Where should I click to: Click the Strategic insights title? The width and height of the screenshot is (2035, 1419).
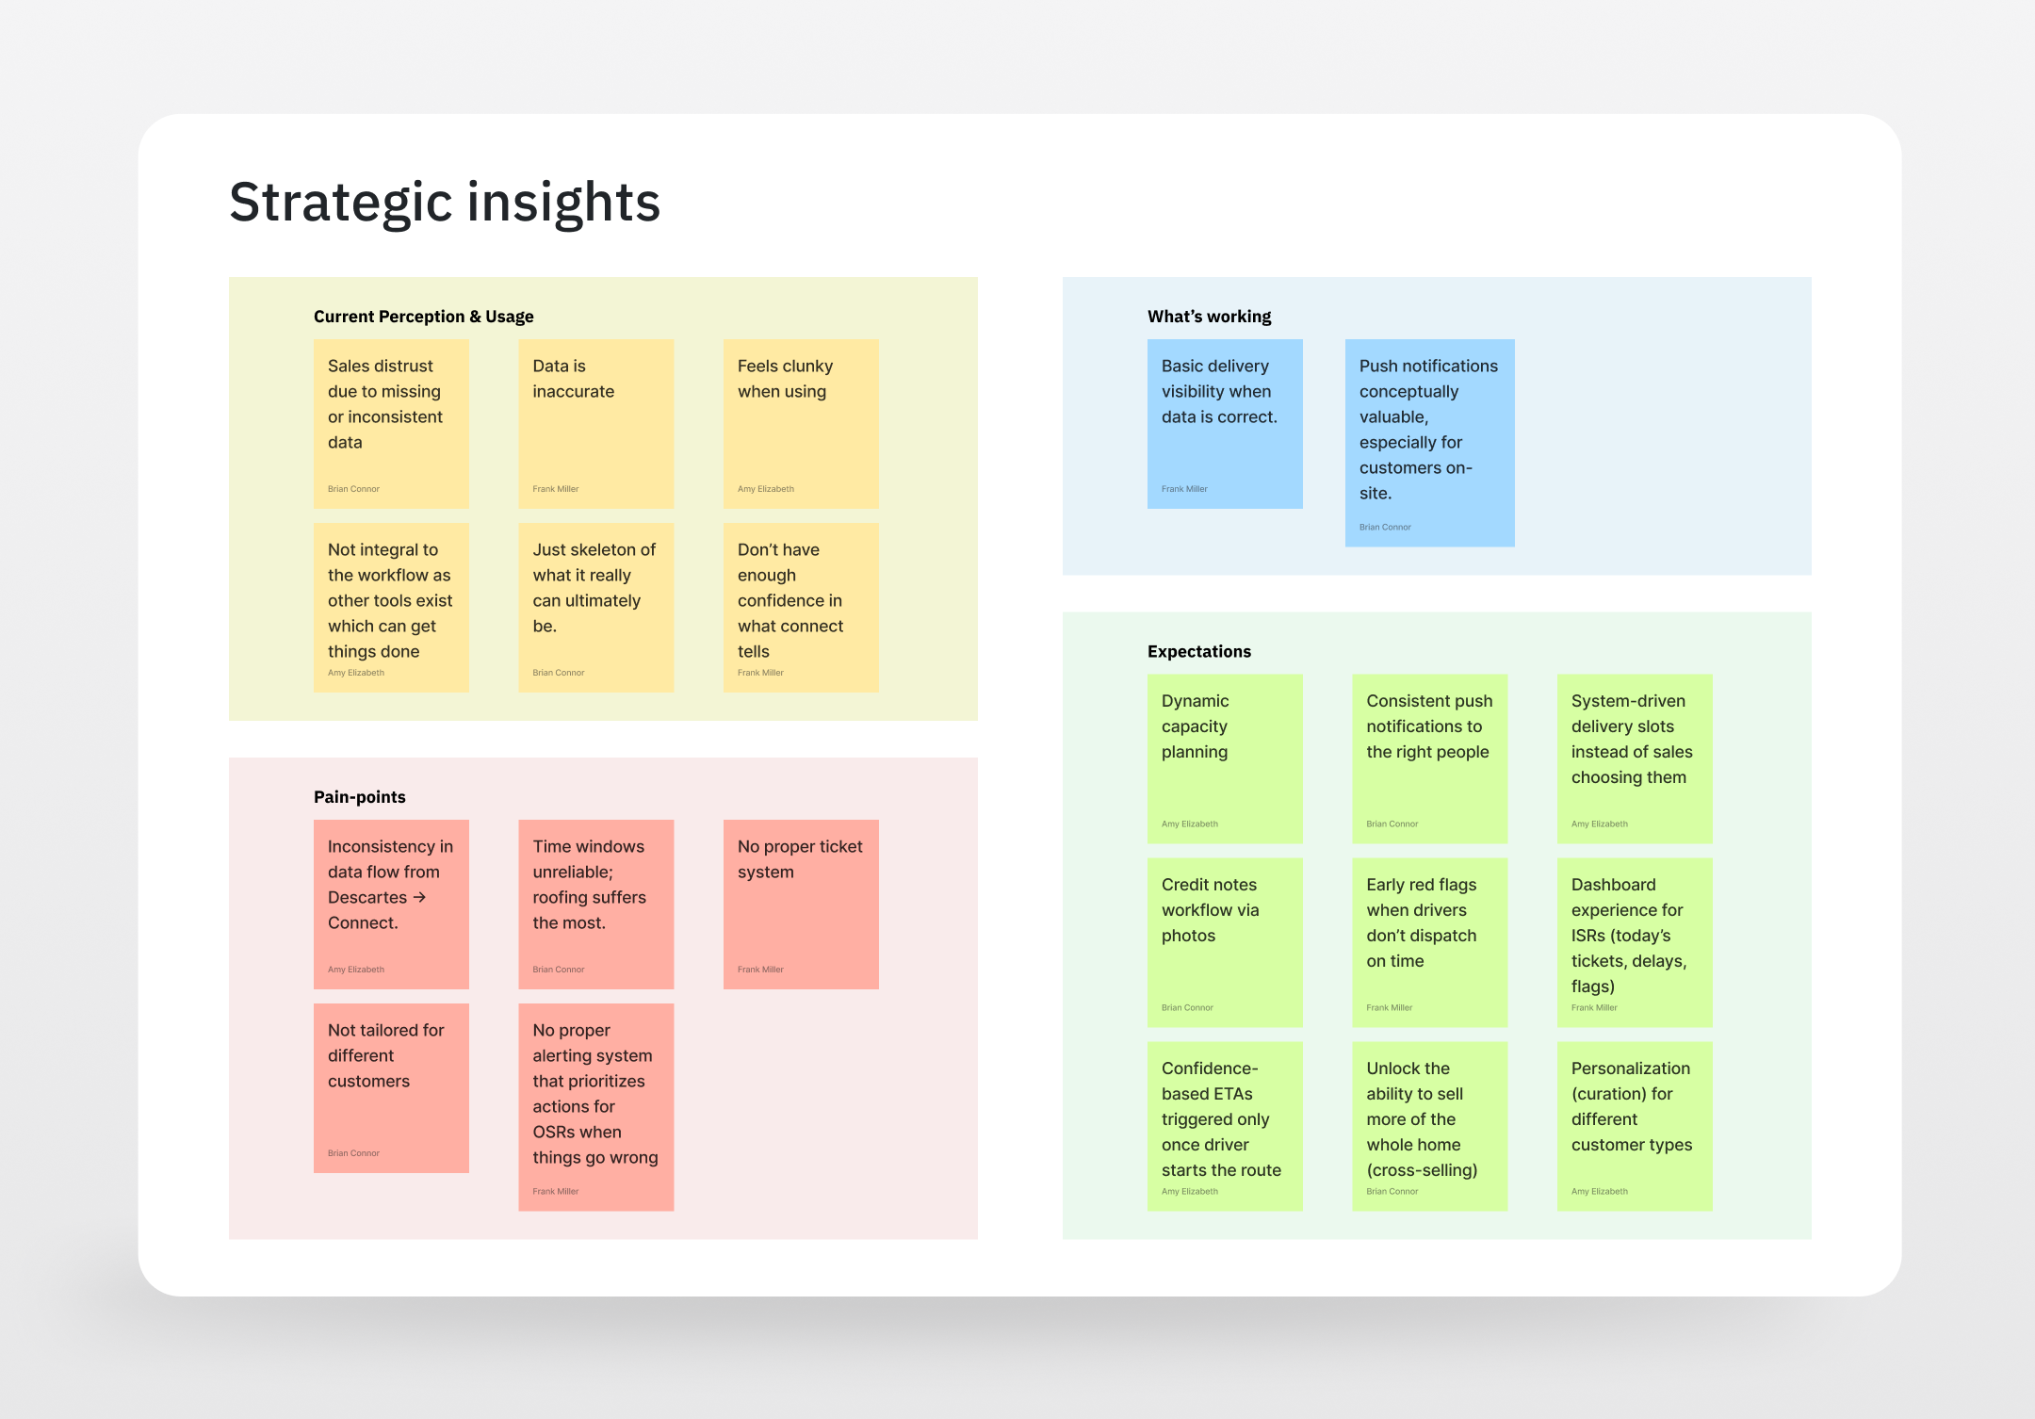click(445, 203)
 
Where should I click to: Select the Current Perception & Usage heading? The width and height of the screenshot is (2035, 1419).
click(423, 317)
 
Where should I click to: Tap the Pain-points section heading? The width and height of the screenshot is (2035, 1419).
click(359, 797)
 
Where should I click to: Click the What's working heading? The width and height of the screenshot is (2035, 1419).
click(1209, 317)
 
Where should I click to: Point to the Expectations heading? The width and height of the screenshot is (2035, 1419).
click(1198, 651)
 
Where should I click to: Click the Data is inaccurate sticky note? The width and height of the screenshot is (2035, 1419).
click(595, 423)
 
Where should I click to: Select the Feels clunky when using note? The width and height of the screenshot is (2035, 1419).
click(800, 423)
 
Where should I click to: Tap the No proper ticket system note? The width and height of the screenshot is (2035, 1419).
click(800, 904)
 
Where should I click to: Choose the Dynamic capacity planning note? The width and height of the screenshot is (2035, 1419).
click(1224, 758)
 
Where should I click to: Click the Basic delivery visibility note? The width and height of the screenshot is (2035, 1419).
click(1224, 423)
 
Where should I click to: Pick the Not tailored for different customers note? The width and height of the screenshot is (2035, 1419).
click(390, 1087)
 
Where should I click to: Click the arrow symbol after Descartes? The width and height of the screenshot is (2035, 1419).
click(419, 897)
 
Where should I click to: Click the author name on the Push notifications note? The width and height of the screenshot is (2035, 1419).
click(1385, 528)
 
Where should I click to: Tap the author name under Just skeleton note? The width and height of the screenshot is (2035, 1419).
click(558, 673)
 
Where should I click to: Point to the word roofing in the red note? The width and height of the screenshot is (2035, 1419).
click(563, 898)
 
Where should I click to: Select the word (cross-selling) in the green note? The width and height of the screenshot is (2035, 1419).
click(1422, 1170)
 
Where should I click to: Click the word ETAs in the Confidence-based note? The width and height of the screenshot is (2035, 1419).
click(1232, 1094)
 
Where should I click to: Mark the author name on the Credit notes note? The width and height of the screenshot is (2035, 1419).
click(1187, 1008)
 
